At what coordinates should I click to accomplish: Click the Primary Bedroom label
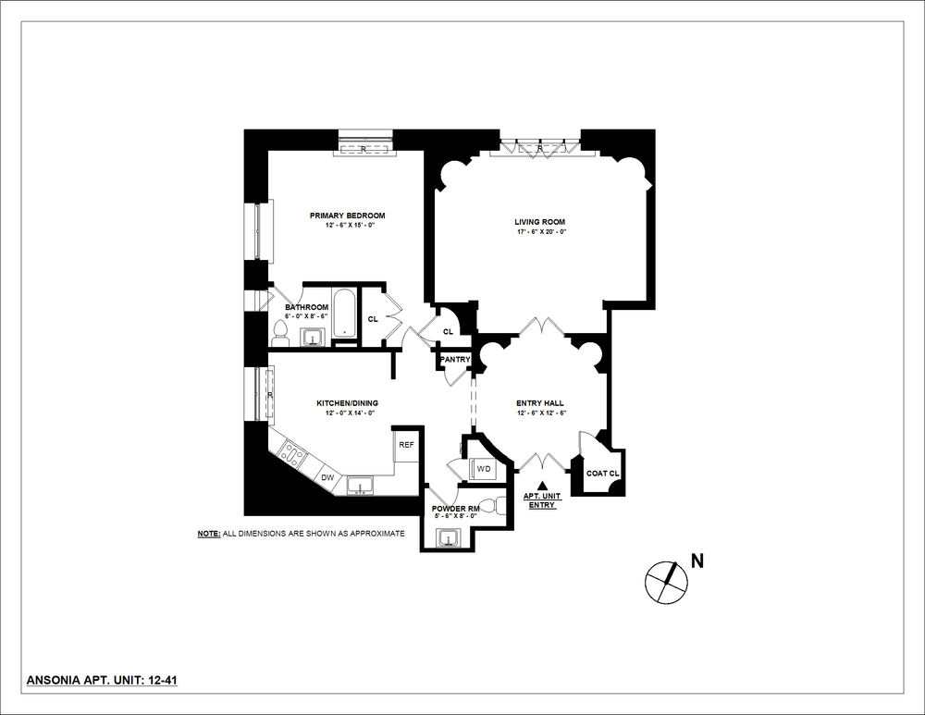[347, 216]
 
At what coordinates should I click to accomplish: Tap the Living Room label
[539, 221]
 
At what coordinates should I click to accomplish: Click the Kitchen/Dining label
[347, 403]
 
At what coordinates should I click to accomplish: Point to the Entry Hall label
[540, 403]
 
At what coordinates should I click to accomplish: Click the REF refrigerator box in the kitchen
[406, 445]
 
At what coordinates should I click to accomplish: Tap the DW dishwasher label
[327, 477]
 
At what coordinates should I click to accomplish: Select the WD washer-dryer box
[483, 469]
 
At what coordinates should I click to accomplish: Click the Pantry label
[455, 359]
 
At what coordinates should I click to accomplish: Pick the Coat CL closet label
[602, 474]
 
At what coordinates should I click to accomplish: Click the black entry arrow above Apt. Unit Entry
[543, 485]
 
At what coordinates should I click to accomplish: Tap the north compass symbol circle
[666, 580]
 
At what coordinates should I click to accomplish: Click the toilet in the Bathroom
[280, 332]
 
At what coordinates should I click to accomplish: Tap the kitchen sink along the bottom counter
[359, 485]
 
